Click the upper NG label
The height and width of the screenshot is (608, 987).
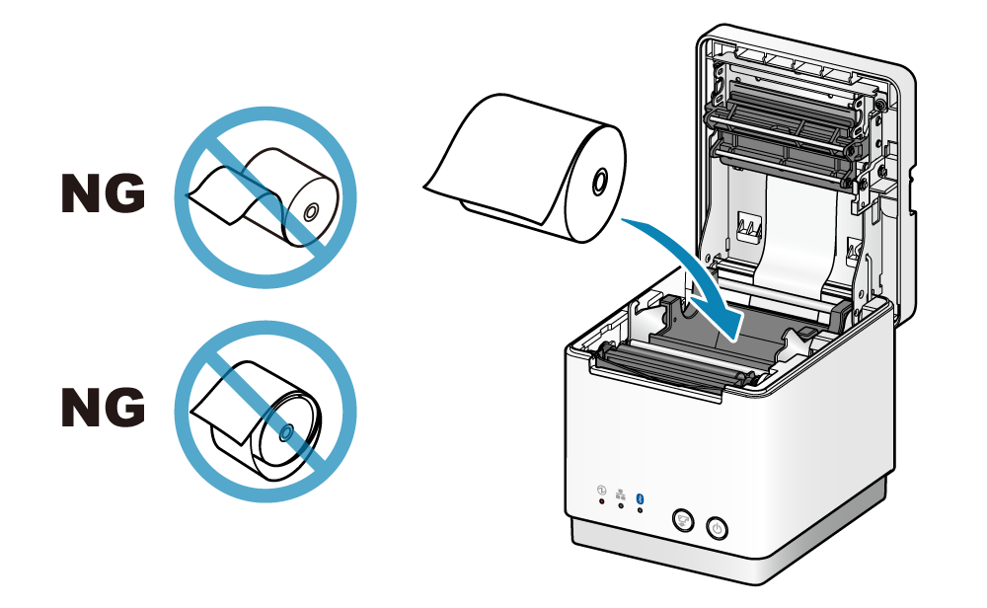click(104, 193)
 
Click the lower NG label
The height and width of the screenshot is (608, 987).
click(104, 407)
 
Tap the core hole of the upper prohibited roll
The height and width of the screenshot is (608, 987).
click(310, 213)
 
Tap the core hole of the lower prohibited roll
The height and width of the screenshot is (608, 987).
click(286, 431)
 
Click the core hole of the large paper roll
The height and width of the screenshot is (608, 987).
click(599, 182)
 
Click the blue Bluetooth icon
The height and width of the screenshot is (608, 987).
click(641, 497)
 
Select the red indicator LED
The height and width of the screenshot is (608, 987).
click(602, 501)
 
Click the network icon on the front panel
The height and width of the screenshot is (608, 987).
click(620, 494)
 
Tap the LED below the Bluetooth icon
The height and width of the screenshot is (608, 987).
click(641, 509)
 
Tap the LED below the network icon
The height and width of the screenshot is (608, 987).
click(621, 504)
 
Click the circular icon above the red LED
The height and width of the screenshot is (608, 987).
click(601, 490)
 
